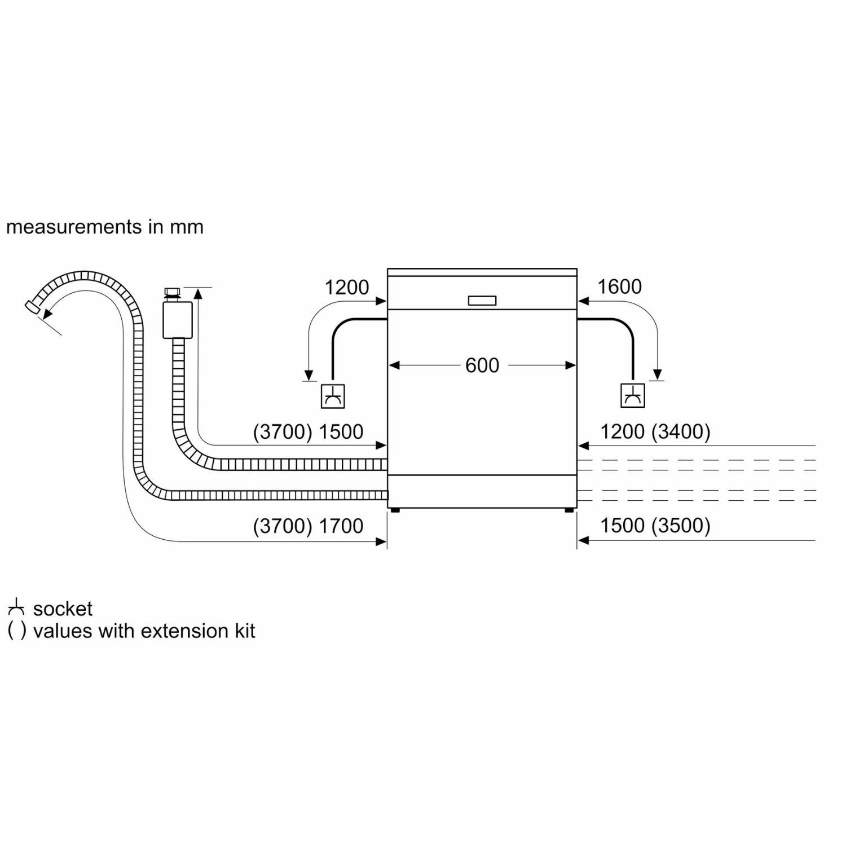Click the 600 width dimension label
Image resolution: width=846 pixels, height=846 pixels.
[482, 365]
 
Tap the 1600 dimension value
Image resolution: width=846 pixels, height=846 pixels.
[619, 287]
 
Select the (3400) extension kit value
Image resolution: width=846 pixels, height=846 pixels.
[681, 431]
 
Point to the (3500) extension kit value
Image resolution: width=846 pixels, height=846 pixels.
[681, 525]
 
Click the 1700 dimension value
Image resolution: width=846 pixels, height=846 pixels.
[341, 526]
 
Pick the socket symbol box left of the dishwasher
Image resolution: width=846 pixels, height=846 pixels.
[333, 396]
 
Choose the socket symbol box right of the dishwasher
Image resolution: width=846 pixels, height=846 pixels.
[633, 395]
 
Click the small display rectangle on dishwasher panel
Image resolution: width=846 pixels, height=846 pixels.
[482, 301]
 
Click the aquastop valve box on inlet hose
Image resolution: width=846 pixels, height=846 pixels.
[177, 319]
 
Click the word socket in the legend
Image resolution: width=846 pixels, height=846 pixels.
[63, 609]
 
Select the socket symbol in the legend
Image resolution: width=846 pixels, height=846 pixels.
[16, 608]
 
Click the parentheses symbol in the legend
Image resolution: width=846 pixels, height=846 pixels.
[17, 631]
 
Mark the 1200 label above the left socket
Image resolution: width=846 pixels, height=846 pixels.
[346, 287]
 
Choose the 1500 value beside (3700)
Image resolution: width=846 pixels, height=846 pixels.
[341, 431]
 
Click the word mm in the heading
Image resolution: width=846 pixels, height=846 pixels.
[186, 228]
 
